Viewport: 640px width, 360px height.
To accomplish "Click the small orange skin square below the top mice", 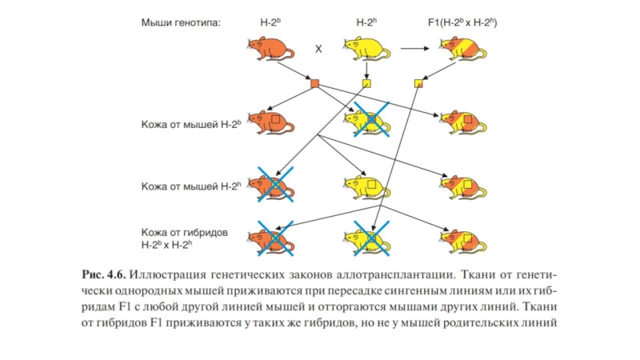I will (314, 83).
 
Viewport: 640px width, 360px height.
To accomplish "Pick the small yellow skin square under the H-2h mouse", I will (367, 83).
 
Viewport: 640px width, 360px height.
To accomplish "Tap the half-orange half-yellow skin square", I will (418, 83).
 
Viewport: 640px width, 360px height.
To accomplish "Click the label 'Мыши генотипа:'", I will (180, 24).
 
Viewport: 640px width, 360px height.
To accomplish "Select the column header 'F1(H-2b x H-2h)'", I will (462, 24).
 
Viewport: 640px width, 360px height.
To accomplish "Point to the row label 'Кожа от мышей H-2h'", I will (190, 186).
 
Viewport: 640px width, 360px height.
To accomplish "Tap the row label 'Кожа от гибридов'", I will (185, 232).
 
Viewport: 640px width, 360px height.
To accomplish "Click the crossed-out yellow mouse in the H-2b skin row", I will (367, 122).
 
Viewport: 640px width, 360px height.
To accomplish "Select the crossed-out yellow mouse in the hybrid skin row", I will (367, 238).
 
